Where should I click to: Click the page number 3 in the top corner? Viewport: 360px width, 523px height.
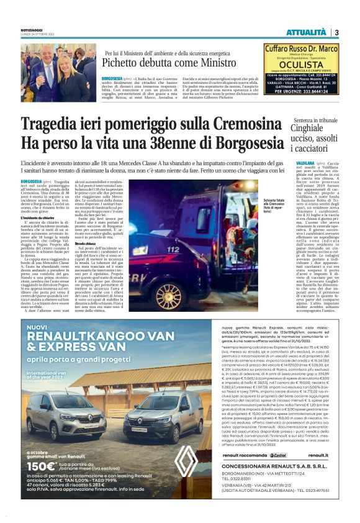(336, 32)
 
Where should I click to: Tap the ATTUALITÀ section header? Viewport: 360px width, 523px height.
(307, 32)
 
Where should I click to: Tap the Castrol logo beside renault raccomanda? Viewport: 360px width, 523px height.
(261, 472)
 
